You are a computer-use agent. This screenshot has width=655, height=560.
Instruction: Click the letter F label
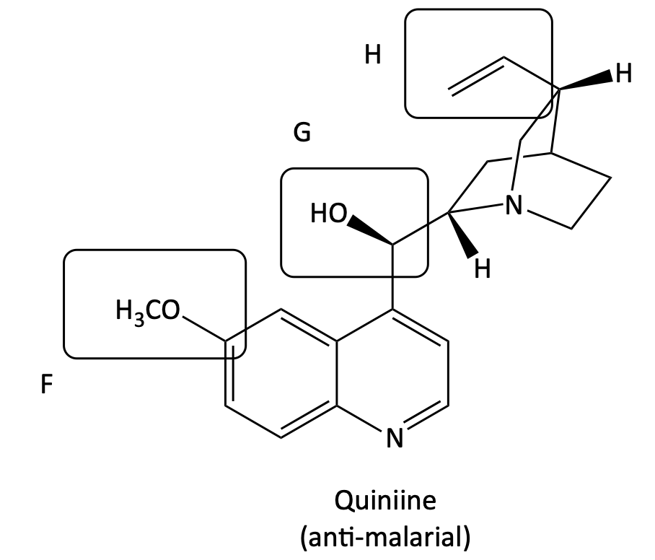point(47,384)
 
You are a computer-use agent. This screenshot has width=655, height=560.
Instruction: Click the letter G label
point(302,132)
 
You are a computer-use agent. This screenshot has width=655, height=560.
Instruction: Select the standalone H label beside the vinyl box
point(373,55)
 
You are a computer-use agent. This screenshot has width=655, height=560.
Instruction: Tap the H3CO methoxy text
point(147,311)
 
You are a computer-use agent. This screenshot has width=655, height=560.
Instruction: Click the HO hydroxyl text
point(329,213)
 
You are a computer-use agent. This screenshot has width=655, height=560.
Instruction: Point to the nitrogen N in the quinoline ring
point(395,437)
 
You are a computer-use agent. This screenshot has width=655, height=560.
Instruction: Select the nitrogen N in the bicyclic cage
point(514,205)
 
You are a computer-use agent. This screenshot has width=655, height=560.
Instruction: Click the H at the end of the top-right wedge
point(624,74)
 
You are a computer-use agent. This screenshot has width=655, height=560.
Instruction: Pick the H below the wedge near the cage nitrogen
point(483,268)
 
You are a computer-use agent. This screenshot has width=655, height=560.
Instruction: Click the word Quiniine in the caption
point(385,500)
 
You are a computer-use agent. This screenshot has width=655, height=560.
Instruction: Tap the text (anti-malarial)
point(385,537)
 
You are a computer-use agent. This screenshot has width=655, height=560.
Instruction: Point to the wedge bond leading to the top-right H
point(586,81)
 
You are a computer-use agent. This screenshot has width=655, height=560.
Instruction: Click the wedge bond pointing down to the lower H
point(462,234)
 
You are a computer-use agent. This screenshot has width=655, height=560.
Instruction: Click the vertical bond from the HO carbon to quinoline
point(392,276)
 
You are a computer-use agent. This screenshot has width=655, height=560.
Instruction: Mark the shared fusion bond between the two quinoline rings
point(337,373)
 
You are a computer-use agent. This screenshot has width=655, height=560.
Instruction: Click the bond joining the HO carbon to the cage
point(421,228)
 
